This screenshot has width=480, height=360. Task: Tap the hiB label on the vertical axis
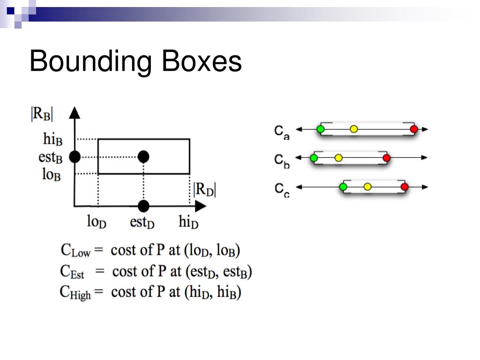pyautogui.click(x=53, y=139)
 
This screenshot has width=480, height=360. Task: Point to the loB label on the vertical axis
pyautogui.click(x=52, y=174)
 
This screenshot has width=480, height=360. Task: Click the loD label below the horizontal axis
pyautogui.click(x=97, y=222)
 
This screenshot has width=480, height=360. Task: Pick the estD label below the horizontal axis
pyautogui.click(x=142, y=222)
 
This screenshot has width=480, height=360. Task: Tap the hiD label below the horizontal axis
pyautogui.click(x=188, y=222)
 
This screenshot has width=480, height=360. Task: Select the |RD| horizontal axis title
pyautogui.click(x=205, y=190)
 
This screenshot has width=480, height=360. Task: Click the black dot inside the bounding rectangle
pyautogui.click(x=144, y=156)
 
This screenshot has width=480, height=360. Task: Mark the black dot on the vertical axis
pyautogui.click(x=75, y=157)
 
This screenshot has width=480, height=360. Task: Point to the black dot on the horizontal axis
pyautogui.click(x=144, y=206)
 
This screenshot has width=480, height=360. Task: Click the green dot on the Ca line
pyautogui.click(x=321, y=129)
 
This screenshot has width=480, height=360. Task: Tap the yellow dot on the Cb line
pyautogui.click(x=338, y=158)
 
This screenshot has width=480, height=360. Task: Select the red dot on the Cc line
pyautogui.click(x=405, y=187)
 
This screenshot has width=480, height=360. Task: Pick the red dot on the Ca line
pyautogui.click(x=413, y=129)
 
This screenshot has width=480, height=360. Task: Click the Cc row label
pyautogui.click(x=282, y=189)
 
